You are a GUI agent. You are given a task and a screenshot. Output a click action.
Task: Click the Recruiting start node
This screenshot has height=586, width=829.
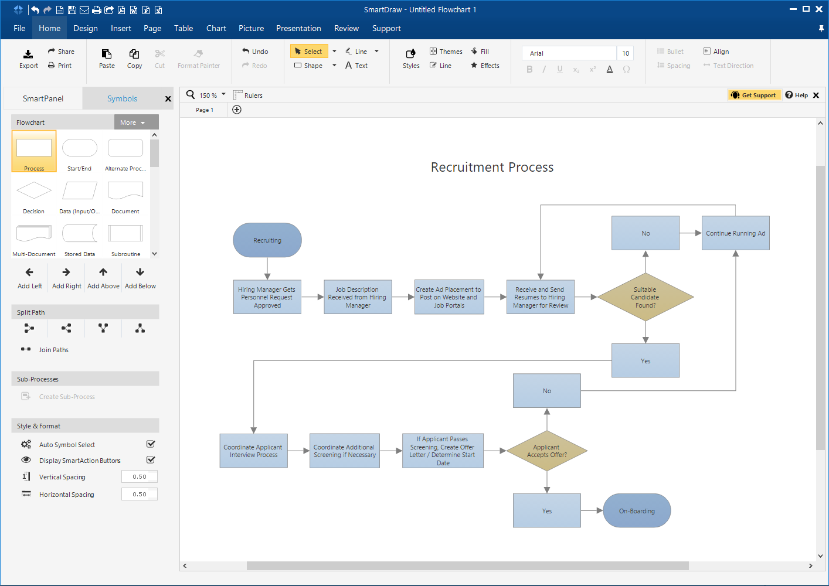pos(267,240)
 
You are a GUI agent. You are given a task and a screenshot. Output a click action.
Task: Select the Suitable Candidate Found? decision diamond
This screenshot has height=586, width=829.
pos(645,297)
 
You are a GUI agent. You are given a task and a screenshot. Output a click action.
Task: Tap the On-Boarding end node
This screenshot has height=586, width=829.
pos(637,511)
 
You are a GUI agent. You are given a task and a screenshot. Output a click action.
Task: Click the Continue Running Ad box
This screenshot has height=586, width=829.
pos(735,233)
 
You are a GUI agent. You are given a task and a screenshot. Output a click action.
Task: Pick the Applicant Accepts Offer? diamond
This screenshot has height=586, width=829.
pos(546,451)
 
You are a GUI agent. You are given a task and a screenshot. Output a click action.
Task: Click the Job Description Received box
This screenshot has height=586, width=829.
pos(358,297)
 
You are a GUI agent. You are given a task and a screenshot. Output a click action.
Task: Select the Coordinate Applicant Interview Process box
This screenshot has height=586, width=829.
pos(253,451)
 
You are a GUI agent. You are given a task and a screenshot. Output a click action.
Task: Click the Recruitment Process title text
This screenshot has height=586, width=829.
pos(492,168)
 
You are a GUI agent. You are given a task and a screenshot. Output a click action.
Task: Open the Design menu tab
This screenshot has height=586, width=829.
pos(86,28)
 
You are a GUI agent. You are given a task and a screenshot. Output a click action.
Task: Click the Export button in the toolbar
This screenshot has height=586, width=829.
pos(28,59)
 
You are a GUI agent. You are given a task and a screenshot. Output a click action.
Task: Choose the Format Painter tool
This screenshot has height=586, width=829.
pos(199,59)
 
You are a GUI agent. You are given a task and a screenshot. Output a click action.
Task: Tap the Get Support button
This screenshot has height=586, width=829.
pos(755,95)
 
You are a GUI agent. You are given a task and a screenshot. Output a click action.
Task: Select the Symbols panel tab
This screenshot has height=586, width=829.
pos(122,98)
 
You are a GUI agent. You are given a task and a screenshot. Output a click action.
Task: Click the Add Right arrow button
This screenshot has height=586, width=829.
pos(66,278)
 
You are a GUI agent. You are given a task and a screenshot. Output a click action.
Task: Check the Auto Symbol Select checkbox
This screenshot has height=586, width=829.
pos(151,444)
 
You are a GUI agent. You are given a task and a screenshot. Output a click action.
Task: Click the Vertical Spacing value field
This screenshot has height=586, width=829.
pos(140,477)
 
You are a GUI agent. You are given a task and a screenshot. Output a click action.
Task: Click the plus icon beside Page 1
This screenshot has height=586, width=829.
pos(237,110)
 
